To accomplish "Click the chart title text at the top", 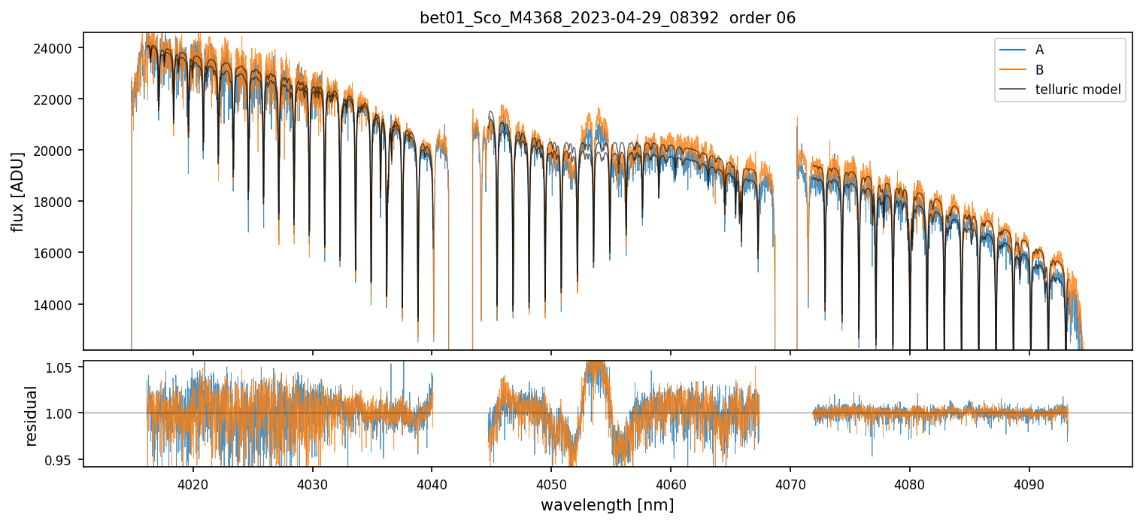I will [608, 18].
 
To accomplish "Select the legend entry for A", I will [1039, 50].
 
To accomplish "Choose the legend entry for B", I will [1039, 70].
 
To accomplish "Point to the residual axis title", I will [31, 416].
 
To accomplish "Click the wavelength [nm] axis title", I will [607, 504].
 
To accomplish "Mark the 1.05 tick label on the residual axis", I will [61, 367].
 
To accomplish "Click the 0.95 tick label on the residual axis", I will [61, 459].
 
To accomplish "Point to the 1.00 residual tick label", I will [61, 413].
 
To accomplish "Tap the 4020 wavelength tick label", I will [193, 483].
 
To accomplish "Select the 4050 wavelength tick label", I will [551, 483].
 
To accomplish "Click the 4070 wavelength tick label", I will [790, 483].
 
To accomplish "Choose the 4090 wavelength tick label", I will [1029, 483].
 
